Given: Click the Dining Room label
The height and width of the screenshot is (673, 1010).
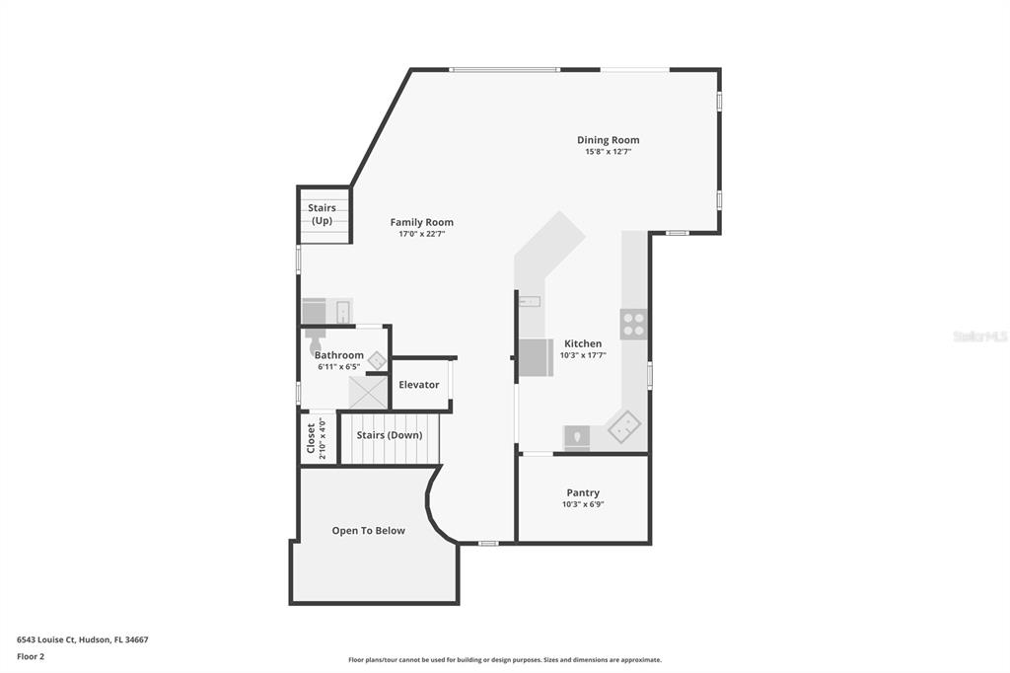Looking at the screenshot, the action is click(x=608, y=140).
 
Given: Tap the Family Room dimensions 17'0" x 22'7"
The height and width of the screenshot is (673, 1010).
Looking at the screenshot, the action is click(x=422, y=234).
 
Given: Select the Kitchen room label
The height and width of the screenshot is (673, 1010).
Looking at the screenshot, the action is click(x=583, y=343).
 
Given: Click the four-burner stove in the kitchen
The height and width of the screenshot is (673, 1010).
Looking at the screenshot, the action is click(x=634, y=325).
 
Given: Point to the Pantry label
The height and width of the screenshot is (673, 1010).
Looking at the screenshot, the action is click(x=583, y=492).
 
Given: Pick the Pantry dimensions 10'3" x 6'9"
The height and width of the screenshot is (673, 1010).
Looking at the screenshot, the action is click(x=583, y=505).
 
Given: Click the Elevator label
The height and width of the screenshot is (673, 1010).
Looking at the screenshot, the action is click(x=418, y=385).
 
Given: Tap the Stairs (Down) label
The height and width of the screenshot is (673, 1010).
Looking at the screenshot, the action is click(x=390, y=435).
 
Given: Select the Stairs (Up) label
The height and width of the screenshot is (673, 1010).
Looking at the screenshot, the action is click(x=323, y=214).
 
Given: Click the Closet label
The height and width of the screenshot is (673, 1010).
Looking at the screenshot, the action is click(x=311, y=438).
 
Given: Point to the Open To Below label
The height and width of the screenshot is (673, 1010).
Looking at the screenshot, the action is click(x=369, y=531).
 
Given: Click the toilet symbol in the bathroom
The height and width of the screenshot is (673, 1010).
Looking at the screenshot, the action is click(x=315, y=339).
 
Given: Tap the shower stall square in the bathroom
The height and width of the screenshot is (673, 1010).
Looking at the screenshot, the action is click(x=368, y=393).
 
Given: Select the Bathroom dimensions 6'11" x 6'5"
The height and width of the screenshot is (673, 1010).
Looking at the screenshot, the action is click(x=339, y=367).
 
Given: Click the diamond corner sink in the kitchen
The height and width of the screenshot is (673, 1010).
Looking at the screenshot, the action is click(x=624, y=426).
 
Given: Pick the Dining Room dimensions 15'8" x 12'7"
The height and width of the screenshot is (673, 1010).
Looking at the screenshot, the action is click(x=608, y=152).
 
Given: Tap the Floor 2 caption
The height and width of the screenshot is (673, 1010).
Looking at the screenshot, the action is click(x=31, y=657).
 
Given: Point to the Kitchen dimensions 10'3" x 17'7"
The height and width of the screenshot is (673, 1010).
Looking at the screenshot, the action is click(x=583, y=355).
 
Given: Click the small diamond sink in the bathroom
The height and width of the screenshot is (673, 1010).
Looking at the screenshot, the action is click(x=378, y=361).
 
